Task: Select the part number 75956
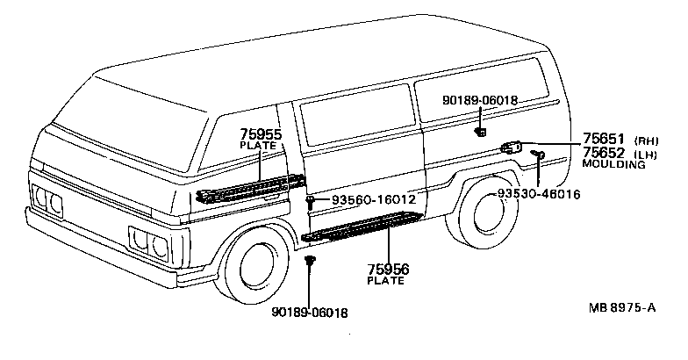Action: (x=387, y=270)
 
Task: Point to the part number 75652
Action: (x=603, y=153)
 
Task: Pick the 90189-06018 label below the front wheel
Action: (x=310, y=313)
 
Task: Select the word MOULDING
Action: (x=613, y=164)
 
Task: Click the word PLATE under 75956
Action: (x=386, y=281)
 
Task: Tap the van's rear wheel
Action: (x=482, y=216)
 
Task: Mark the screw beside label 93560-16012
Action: (x=312, y=202)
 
